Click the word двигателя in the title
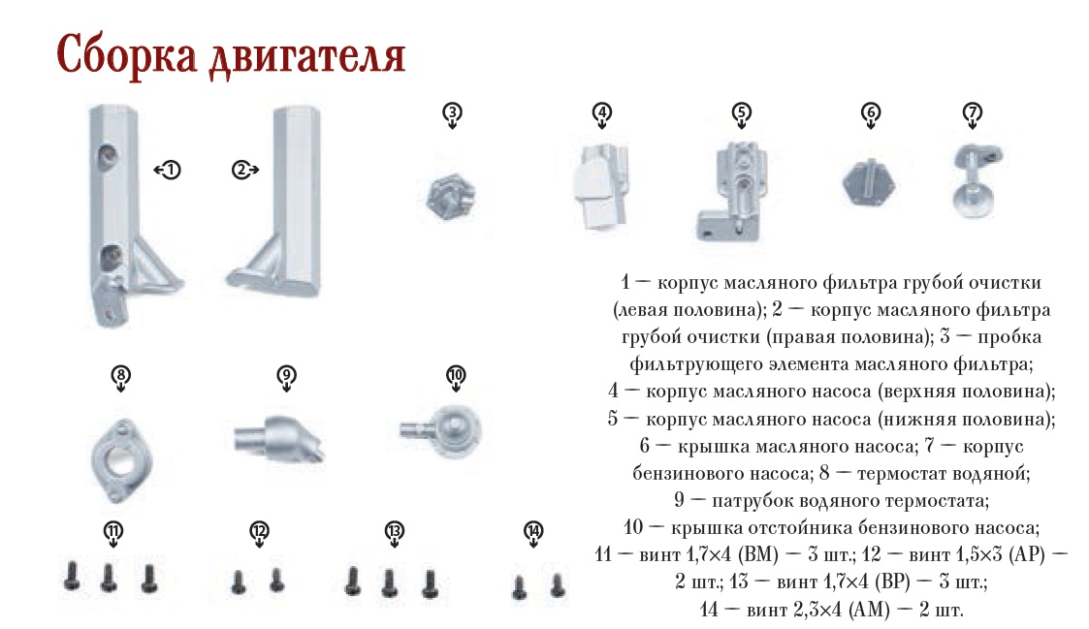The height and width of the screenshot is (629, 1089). pyautogui.click(x=306, y=56)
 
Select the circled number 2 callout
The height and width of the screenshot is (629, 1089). pyautogui.click(x=241, y=170)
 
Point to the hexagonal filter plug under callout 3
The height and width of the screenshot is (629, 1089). pyautogui.click(x=451, y=197)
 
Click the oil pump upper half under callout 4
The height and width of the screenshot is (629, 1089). pyautogui.click(x=601, y=186)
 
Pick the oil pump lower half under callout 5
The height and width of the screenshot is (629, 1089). pyautogui.click(x=731, y=192)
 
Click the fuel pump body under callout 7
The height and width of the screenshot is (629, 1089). pyautogui.click(x=976, y=179)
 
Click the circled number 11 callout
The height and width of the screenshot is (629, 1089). pyautogui.click(x=113, y=532)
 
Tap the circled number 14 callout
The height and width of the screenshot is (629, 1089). pyautogui.click(x=533, y=532)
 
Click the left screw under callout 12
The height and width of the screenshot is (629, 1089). pyautogui.click(x=239, y=582)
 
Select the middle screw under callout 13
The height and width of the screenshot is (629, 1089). pyautogui.click(x=389, y=582)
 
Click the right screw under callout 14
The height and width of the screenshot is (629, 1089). pyautogui.click(x=557, y=584)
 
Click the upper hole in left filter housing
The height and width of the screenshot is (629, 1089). pyautogui.click(x=107, y=156)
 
